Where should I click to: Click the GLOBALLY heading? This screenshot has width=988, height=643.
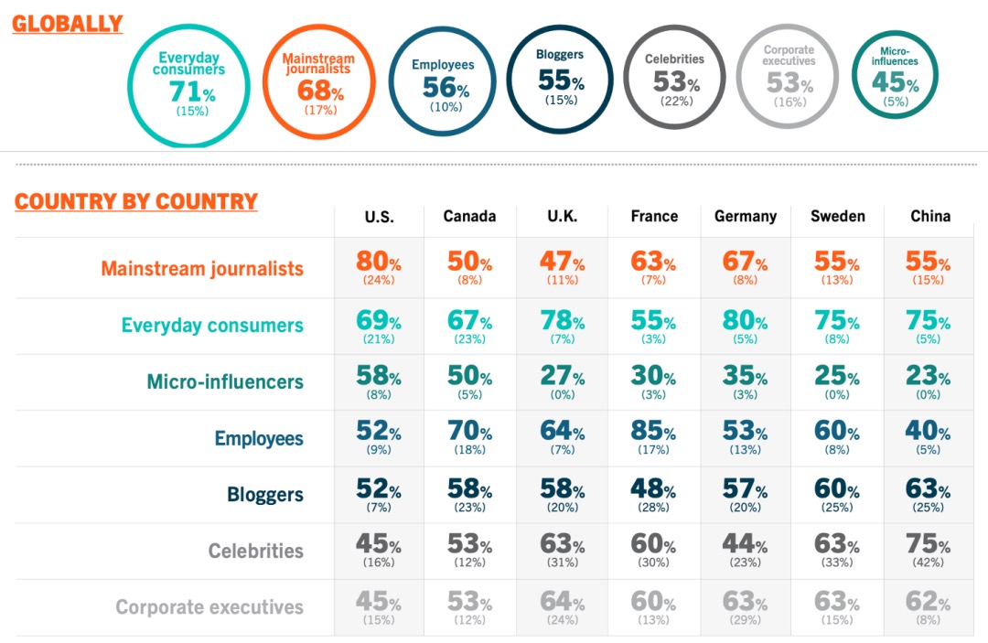tap(67, 24)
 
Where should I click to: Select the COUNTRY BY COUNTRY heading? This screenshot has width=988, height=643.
tap(135, 201)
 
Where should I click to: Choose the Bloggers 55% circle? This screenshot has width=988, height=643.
tap(560, 79)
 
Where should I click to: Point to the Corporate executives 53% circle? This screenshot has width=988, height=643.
tap(788, 80)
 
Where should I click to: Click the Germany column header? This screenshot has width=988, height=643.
tap(745, 217)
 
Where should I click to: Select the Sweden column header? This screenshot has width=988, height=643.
tap(837, 217)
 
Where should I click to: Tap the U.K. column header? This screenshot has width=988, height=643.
tap(562, 217)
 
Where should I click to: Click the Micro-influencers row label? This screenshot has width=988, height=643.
tap(225, 382)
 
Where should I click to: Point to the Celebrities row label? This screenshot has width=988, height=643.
tap(255, 551)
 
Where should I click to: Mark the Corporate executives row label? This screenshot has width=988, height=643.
tap(209, 607)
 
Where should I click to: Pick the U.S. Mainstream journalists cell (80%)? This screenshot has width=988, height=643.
tap(379, 267)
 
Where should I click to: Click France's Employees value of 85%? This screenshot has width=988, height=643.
tap(653, 436)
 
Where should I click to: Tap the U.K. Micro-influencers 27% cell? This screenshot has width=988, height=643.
tap(562, 381)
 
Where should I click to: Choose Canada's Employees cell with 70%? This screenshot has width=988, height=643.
tap(469, 436)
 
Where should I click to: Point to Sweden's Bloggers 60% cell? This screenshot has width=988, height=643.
tap(836, 494)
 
